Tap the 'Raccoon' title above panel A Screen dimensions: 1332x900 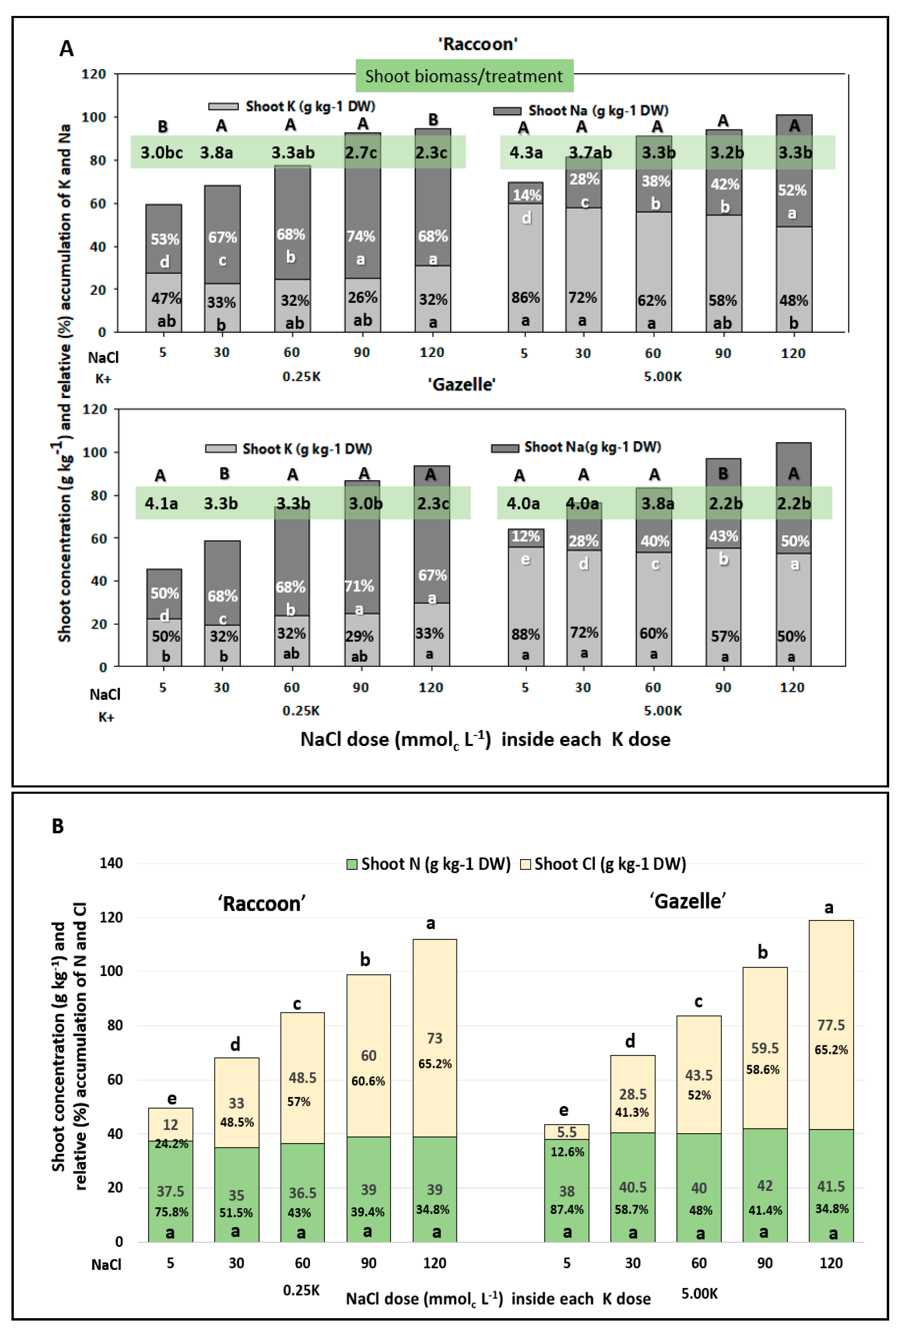click(478, 44)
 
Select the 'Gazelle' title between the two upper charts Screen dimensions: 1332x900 click(462, 384)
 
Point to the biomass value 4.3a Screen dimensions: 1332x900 click(526, 152)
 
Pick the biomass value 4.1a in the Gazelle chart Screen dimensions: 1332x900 click(161, 503)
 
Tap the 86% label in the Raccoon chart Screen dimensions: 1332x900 click(525, 297)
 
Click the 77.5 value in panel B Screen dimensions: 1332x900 click(831, 1025)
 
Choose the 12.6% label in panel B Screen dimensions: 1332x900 click(567, 1152)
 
